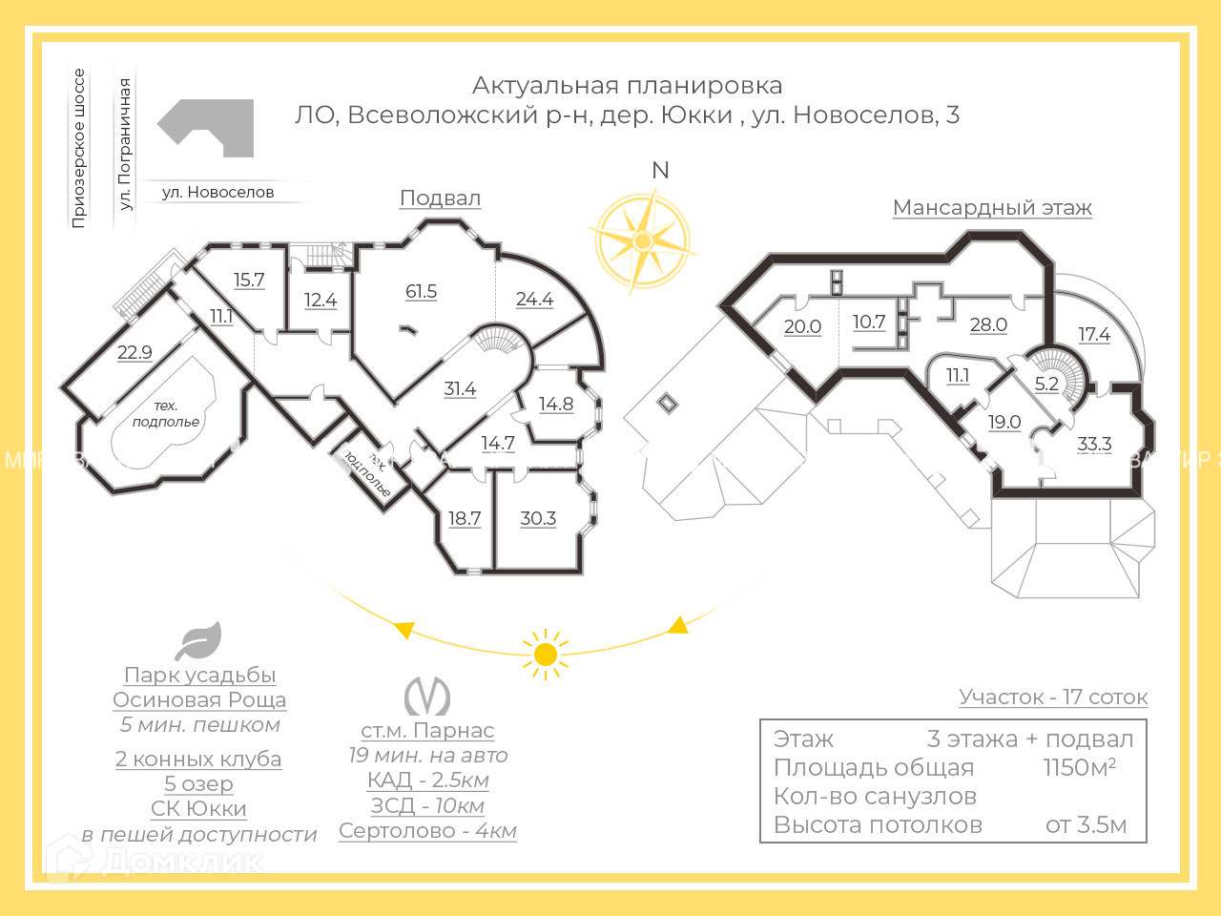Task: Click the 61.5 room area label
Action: (x=421, y=291)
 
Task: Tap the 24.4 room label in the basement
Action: (x=534, y=299)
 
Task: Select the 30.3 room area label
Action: (x=538, y=518)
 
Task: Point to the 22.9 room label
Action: (x=135, y=352)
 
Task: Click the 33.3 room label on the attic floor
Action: (x=1094, y=444)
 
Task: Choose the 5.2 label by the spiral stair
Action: (x=1046, y=384)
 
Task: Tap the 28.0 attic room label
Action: (x=988, y=324)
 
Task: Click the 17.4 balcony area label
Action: (x=1094, y=334)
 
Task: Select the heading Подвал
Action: (x=440, y=198)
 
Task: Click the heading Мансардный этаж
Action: (x=992, y=207)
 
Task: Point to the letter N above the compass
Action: (x=660, y=170)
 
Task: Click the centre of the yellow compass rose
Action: (x=642, y=239)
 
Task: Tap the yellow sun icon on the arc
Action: (x=546, y=654)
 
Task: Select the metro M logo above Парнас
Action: (x=426, y=697)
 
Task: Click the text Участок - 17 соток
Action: (x=1053, y=697)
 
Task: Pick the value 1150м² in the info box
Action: (x=1079, y=767)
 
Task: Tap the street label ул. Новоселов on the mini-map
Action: (x=217, y=192)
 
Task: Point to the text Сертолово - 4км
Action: (x=427, y=830)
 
